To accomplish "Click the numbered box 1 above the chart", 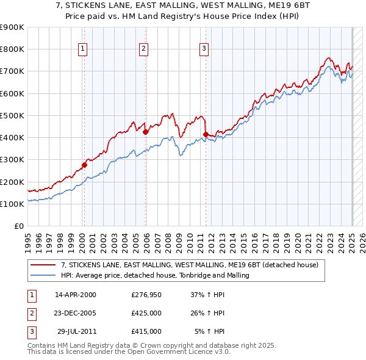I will click(82, 49).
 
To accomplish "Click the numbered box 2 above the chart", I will click(143, 49).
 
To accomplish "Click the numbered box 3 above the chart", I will click(204, 49).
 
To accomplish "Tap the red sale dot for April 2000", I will click(85, 164).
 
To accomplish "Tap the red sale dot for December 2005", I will click(145, 132).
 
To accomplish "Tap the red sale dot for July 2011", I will click(206, 134).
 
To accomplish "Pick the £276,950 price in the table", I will click(146, 295).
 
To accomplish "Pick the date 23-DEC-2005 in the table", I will click(76, 313).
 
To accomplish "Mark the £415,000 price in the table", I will click(146, 331).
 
